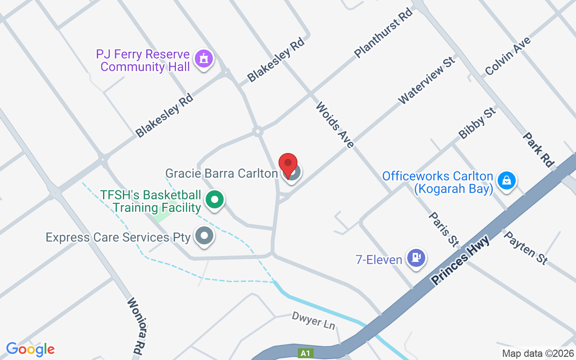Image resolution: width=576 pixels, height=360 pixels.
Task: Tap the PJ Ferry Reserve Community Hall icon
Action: tap(204, 58)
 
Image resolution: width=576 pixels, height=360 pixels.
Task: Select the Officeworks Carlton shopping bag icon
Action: tap(507, 181)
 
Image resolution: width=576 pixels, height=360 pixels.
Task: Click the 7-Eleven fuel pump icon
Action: tap(417, 257)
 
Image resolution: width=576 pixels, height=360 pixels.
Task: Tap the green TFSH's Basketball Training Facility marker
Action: tap(215, 199)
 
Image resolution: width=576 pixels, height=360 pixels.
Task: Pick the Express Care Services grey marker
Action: tap(205, 235)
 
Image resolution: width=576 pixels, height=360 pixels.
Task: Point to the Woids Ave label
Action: tap(335, 125)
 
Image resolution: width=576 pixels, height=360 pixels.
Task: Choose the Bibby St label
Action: tap(477, 122)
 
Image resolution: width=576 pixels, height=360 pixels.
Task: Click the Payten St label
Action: tap(526, 247)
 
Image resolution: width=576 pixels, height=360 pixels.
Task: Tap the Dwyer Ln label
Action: tap(314, 321)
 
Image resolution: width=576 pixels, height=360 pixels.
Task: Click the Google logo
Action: tap(30, 349)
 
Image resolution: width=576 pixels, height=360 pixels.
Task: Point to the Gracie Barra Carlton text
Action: tap(221, 173)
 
